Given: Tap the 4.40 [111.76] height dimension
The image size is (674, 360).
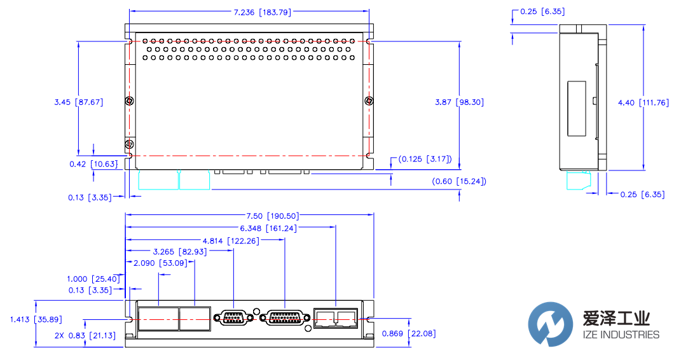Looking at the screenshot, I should (x=643, y=102).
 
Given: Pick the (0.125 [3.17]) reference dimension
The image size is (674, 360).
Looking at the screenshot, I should (x=424, y=158).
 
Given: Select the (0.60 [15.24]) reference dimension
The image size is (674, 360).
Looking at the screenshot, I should (x=459, y=181).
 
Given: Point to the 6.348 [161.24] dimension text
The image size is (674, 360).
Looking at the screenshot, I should (x=268, y=228).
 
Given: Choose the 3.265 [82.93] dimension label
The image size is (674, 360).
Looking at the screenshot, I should (x=180, y=252).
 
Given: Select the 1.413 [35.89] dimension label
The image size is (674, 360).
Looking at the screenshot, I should (x=35, y=319).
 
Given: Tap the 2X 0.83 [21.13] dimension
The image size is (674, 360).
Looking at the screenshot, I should (x=85, y=335).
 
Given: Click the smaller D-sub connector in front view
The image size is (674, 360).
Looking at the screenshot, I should (x=233, y=318).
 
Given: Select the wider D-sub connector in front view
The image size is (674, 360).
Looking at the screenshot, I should (x=284, y=318).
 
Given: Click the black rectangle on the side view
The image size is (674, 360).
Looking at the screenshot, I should (x=577, y=107).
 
